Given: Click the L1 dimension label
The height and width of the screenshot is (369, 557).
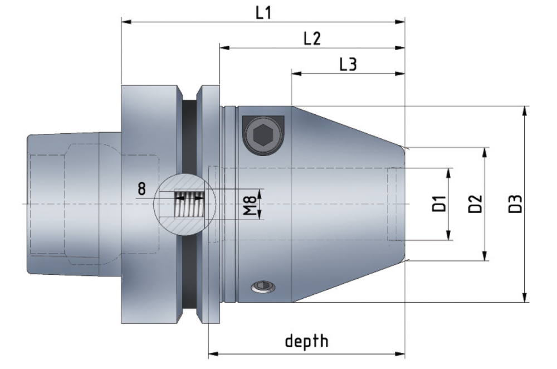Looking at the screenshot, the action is (263, 13).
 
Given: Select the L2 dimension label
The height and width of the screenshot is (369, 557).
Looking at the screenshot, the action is (312, 38).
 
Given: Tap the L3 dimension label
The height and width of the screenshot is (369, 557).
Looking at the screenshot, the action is (348, 64).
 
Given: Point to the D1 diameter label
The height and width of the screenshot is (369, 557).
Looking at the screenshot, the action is (439, 203).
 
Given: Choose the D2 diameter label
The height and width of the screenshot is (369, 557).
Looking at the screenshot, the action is (475, 203).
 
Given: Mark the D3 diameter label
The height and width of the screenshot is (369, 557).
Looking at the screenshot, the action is (515, 203).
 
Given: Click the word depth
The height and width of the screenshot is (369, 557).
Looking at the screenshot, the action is (307, 341).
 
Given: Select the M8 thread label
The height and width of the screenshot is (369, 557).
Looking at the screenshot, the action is (250, 206).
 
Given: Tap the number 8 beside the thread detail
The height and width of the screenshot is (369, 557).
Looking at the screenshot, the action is (141, 189).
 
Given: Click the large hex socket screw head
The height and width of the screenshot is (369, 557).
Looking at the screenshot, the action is (263, 135).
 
